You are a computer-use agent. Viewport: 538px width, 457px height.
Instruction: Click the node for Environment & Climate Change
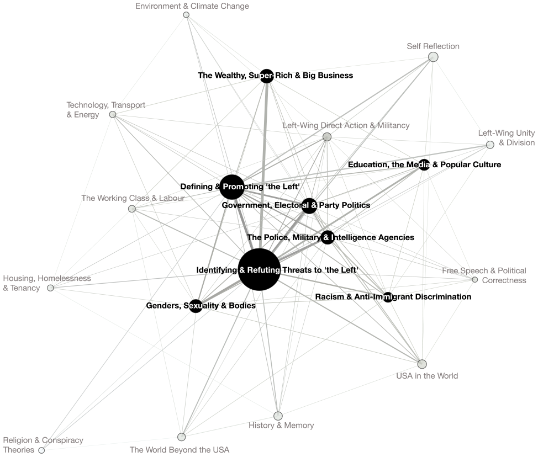coord(186,15)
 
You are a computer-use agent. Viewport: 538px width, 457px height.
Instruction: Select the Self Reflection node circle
coord(434,57)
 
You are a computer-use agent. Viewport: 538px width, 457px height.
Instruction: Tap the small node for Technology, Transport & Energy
coord(113,114)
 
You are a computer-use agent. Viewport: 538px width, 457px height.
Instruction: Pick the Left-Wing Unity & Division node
coord(490,145)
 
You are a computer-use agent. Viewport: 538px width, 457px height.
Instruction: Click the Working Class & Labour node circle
coord(132,209)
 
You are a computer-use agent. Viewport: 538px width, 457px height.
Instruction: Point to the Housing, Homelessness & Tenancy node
coord(50,288)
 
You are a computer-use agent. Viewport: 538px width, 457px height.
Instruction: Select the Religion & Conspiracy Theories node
coord(41,450)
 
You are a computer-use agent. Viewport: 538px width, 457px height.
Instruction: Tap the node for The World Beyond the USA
coord(182,437)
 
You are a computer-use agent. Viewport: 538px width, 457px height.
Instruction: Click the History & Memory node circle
coord(278,416)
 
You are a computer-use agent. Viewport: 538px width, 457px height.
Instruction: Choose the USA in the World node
coord(422,364)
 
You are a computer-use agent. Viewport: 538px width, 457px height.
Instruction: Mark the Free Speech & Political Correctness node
coord(475,280)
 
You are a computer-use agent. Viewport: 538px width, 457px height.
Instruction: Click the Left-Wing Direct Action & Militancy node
coord(327,137)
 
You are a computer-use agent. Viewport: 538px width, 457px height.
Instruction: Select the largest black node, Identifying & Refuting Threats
coord(260,270)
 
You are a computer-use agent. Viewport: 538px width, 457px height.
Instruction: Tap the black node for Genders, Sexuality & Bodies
coord(196,306)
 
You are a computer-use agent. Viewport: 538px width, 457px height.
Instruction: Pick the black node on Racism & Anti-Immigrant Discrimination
coord(388,297)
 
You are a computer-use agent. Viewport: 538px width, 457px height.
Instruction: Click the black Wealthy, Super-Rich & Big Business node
coord(267,76)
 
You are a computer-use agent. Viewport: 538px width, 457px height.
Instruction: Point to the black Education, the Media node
coord(424,164)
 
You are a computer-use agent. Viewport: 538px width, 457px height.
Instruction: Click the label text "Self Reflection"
coord(433,46)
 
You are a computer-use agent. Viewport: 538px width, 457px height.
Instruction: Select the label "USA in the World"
coord(427,376)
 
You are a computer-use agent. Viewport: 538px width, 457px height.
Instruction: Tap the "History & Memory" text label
coord(281,426)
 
